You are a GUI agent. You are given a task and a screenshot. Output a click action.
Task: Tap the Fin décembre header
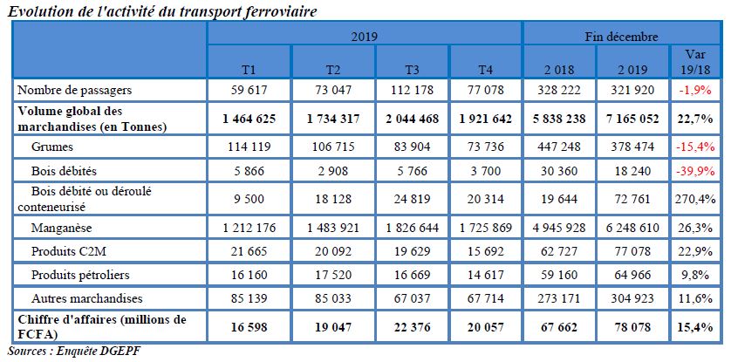(x=621, y=36)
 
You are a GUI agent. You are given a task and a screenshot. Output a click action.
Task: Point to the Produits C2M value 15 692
(x=485, y=252)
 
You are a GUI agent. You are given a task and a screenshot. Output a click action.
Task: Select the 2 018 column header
(x=559, y=67)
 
